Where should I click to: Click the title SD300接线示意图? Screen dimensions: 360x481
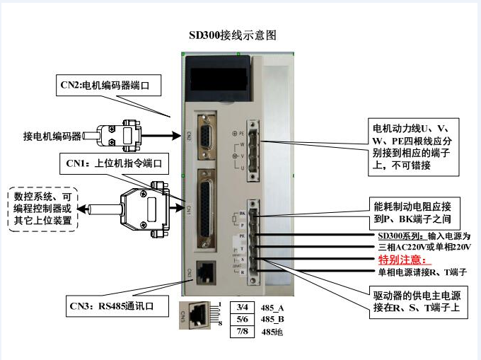click(x=232, y=34)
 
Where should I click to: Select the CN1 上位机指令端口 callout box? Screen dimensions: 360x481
click(x=115, y=164)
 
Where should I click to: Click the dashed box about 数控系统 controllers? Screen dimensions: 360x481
click(x=42, y=207)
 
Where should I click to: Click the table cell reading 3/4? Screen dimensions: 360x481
click(x=243, y=306)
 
